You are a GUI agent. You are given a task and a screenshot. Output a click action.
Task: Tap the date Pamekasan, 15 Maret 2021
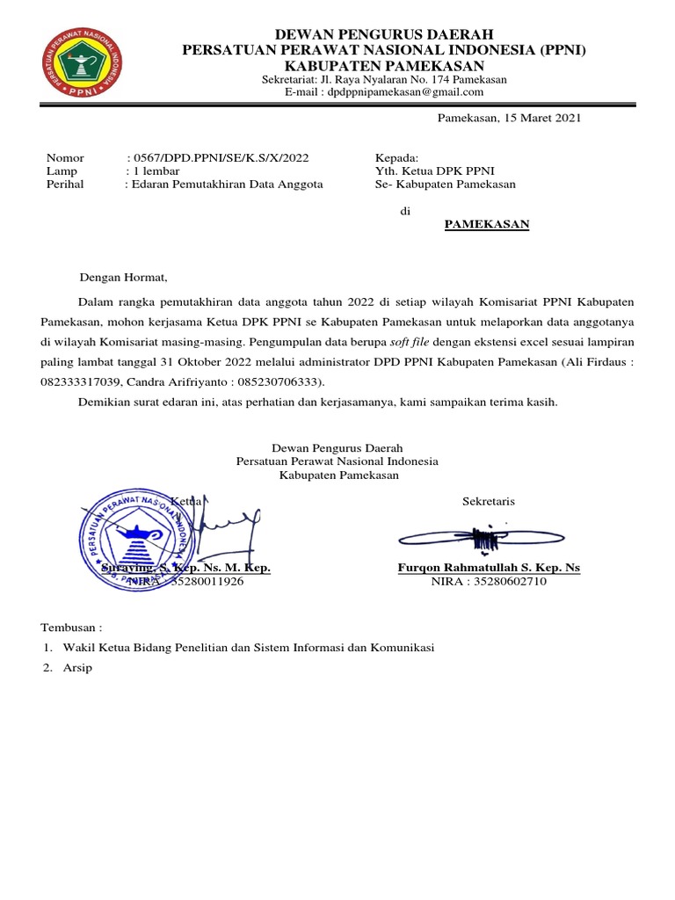(510, 118)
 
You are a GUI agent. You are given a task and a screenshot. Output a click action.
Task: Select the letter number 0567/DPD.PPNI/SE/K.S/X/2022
(219, 158)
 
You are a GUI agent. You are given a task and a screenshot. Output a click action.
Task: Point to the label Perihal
(65, 185)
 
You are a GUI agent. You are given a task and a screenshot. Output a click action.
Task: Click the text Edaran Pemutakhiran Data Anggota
(228, 185)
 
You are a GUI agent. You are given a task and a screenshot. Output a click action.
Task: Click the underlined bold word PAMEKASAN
(486, 224)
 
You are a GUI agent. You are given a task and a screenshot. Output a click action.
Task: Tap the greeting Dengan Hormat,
(123, 278)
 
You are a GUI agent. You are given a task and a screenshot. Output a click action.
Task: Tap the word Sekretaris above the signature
(489, 502)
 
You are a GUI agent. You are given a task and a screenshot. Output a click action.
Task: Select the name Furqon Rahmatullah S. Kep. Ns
(489, 568)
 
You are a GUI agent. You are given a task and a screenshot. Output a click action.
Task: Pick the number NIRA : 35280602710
(489, 582)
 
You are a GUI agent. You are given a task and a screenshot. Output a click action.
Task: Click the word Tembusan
(70, 628)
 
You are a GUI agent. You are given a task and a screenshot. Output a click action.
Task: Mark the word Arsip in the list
(77, 668)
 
